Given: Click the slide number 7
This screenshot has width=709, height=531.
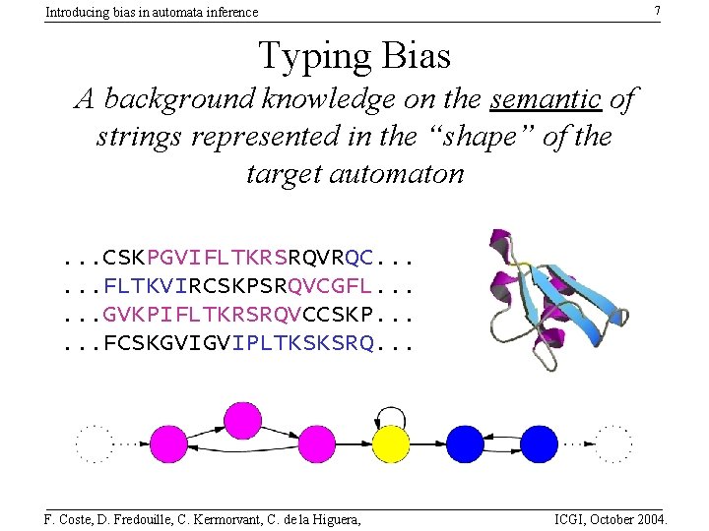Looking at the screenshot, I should point(656,10).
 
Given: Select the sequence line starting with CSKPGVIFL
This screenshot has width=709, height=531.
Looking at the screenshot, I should point(236,259).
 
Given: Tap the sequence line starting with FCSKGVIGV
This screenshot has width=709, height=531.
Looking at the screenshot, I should point(236,343).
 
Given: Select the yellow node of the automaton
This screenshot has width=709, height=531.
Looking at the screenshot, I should point(390,443).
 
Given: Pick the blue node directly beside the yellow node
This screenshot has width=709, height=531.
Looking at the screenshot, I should point(466,443).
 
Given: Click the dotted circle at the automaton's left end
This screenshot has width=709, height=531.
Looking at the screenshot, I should point(95,443).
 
